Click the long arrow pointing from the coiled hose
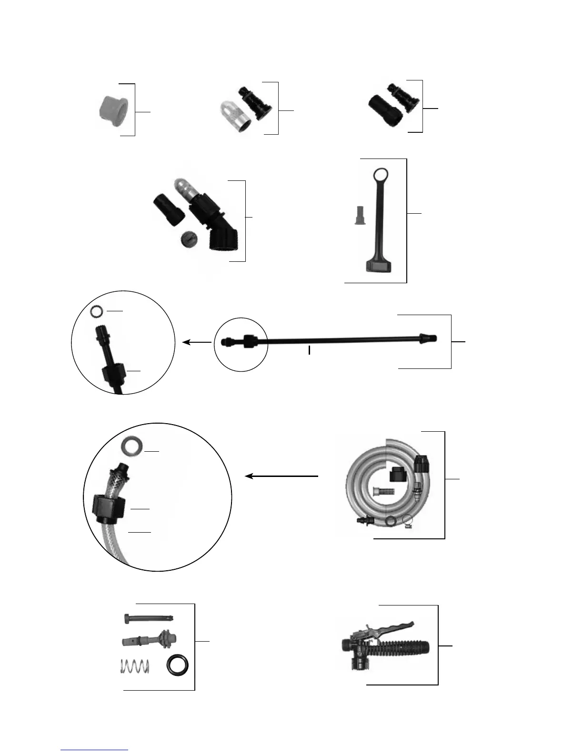(281, 476)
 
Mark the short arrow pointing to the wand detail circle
(197, 342)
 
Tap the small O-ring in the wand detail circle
(97, 311)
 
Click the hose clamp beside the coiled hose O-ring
(407, 522)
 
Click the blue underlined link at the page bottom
(94, 750)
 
